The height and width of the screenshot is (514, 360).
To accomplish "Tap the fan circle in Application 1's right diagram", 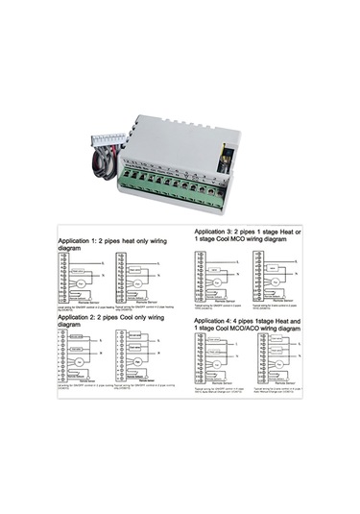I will point(140,284).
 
